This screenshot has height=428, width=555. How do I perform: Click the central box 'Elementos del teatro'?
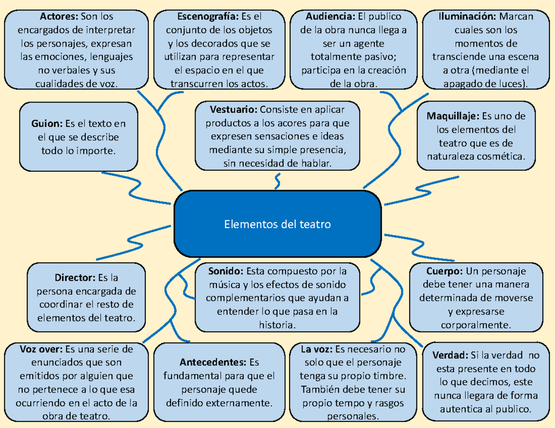point(277,224)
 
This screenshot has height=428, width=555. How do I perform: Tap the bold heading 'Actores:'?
point(59,17)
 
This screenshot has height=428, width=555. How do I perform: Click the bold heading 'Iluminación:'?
point(466,17)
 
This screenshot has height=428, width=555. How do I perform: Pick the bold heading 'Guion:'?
point(47,124)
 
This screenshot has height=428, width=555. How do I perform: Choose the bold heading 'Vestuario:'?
point(234,110)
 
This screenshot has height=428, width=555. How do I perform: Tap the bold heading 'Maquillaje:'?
point(453,115)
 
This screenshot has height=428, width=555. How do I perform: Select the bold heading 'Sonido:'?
point(225,271)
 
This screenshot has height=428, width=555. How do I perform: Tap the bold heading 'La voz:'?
point(317,349)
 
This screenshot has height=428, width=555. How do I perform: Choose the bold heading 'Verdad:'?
point(449,356)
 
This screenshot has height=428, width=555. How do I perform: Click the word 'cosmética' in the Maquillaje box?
point(505,157)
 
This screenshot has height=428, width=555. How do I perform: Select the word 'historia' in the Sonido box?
point(277,325)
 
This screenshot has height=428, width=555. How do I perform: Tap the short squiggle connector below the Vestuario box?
point(277,181)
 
